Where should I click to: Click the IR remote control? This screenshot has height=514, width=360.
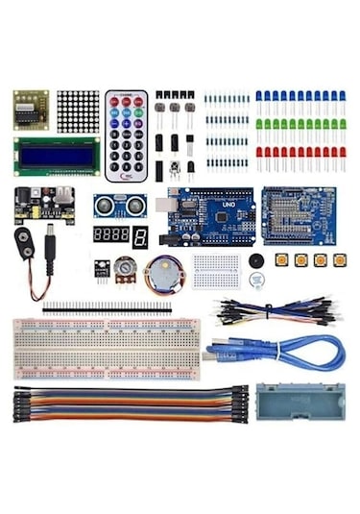tap(127, 136)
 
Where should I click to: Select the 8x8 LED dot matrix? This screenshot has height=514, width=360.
tap(78, 111)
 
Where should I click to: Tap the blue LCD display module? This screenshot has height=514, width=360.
tap(57, 157)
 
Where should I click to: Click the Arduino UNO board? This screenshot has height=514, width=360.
tap(209, 216)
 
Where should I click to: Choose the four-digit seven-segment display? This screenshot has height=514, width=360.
tap(110, 234)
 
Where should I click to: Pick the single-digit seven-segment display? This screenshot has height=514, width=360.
tap(140, 237)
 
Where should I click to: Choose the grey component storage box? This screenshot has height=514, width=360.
tap(300, 404)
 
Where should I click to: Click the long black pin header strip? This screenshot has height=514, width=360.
tap(107, 308)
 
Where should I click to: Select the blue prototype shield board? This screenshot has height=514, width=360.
tap(299, 215)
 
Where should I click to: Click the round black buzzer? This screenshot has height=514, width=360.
tap(256, 260)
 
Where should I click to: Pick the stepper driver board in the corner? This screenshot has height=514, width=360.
tap(31, 110)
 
